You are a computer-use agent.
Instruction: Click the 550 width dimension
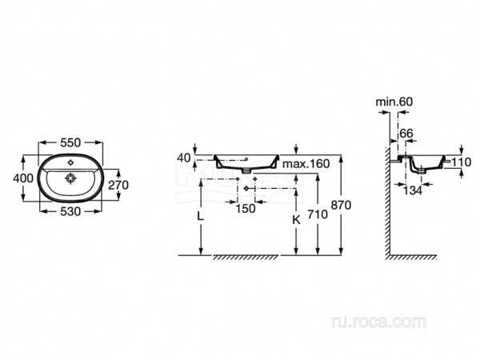coord(70,142)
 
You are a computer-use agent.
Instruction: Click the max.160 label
coord(306,164)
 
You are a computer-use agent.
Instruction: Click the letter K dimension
coord(295,217)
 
